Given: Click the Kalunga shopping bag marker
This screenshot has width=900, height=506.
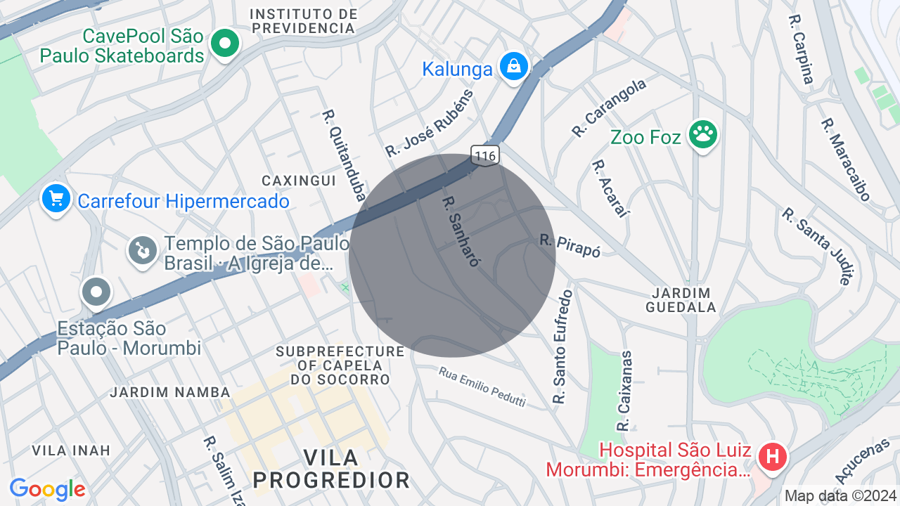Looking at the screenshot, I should [514, 67].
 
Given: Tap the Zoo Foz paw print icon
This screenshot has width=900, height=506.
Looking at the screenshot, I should [702, 133].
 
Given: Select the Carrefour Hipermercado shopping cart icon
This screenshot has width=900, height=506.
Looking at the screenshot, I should [56, 198].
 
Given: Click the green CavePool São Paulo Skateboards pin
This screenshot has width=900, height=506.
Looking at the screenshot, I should [224, 44].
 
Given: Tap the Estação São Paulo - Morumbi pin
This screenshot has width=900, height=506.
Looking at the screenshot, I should [96, 291].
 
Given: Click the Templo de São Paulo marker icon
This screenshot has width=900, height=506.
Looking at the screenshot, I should [143, 249].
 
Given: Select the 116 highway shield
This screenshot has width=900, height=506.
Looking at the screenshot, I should [485, 155].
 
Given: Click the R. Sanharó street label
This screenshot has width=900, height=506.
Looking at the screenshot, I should [461, 231].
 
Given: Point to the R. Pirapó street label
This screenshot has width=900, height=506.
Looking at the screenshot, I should [570, 245].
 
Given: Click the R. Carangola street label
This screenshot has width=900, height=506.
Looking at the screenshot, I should [609, 108].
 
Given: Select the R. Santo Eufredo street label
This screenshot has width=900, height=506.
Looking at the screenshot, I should [562, 347].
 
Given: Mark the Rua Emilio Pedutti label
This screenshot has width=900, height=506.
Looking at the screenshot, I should [482, 386].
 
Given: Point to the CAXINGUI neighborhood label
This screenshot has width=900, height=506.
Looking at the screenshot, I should [299, 181].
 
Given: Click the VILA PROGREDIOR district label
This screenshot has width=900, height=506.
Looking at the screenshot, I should [332, 469].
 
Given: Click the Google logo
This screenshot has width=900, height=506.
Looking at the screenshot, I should [47, 489].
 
